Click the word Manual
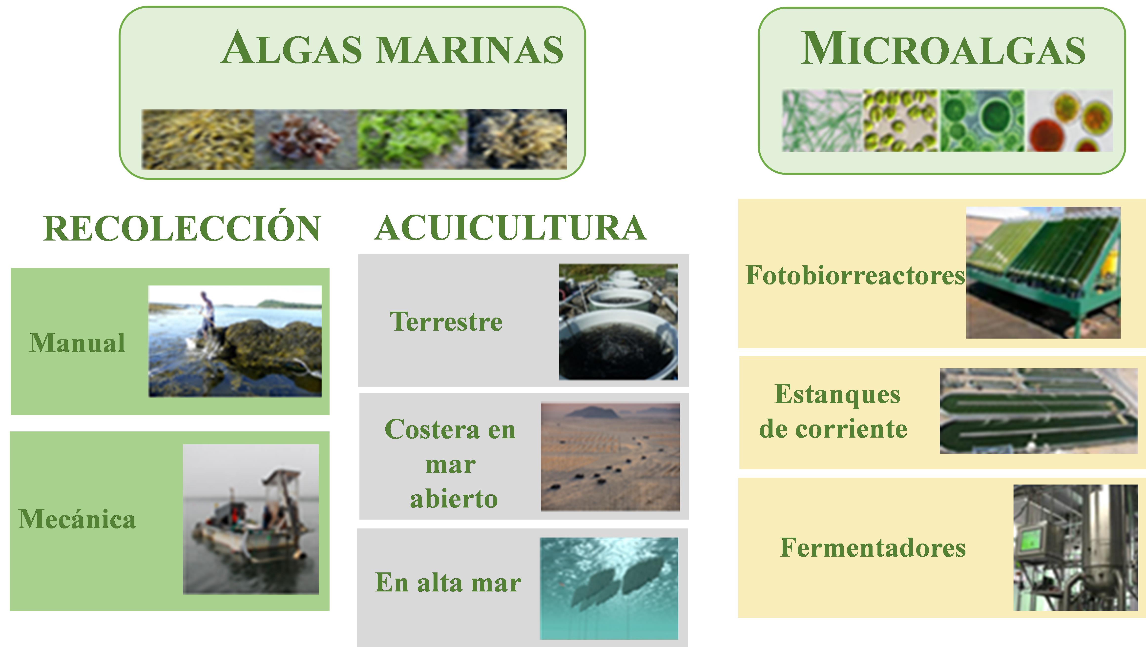(x=77, y=343)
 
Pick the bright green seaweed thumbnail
(x=412, y=139)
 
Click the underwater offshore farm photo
(x=609, y=588)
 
